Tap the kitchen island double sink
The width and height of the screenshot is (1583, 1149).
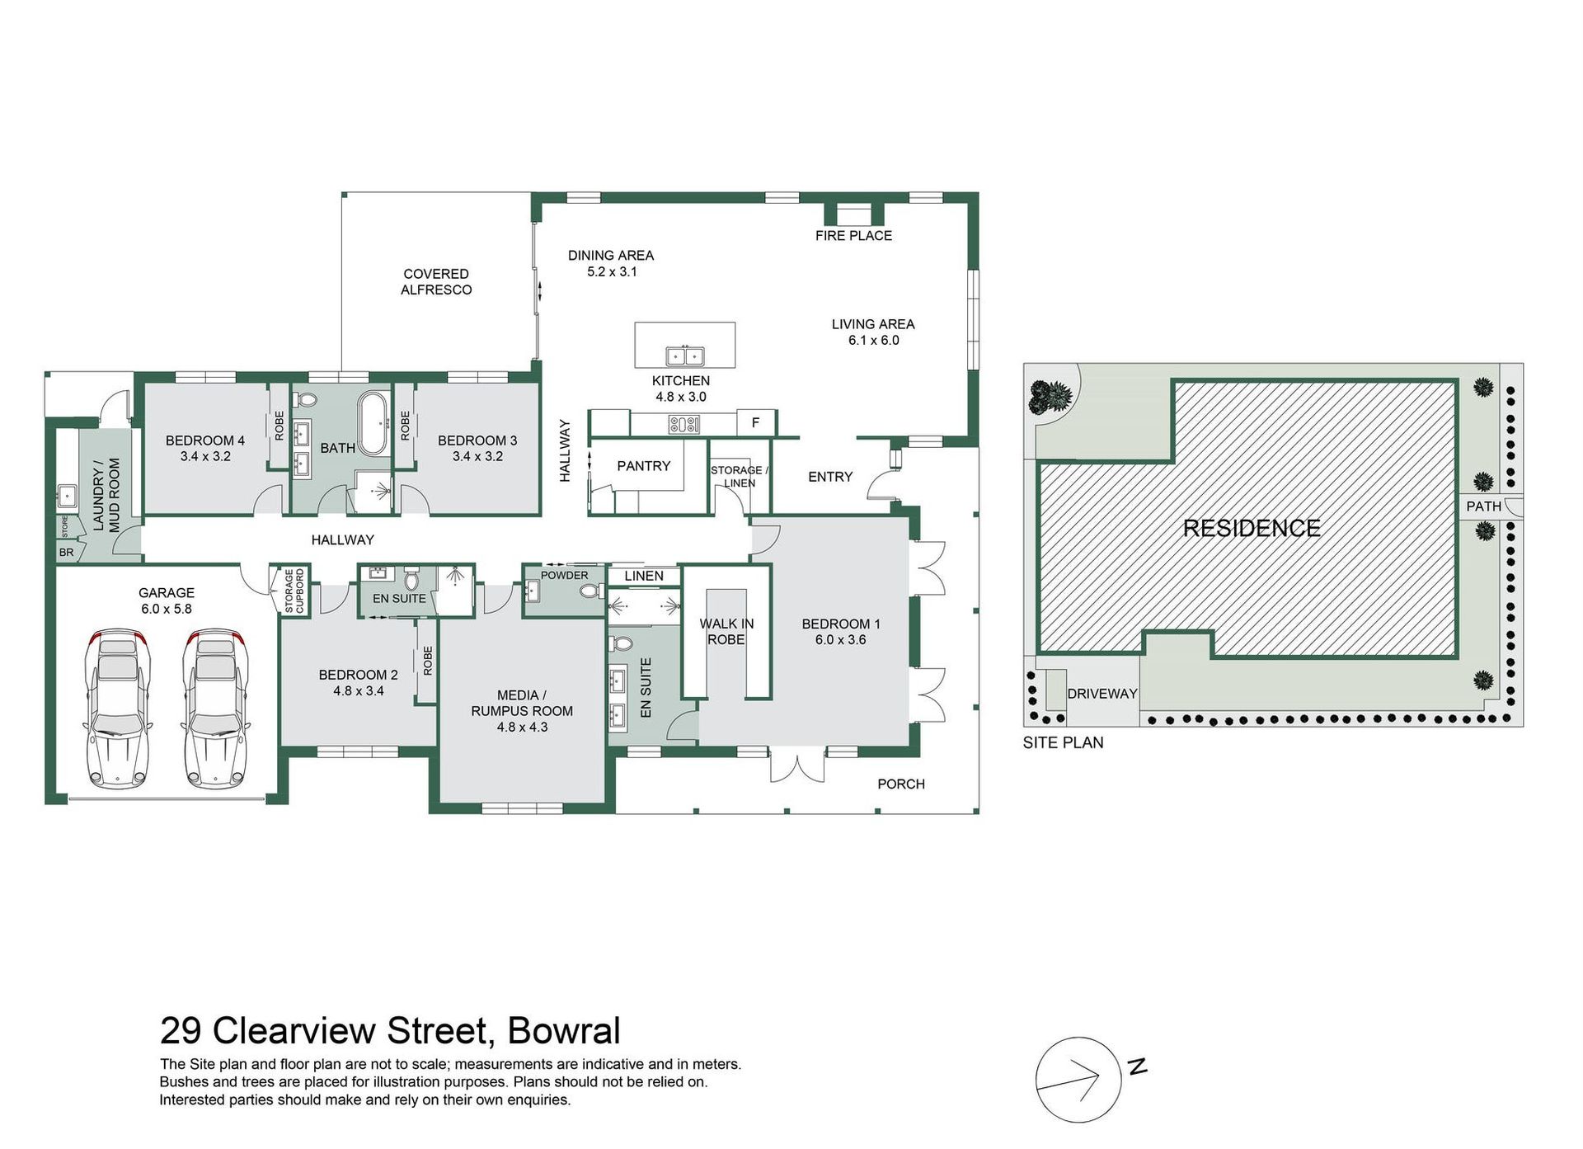(685, 356)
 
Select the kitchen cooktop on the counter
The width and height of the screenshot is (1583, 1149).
(684, 425)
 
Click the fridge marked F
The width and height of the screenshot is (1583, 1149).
(755, 422)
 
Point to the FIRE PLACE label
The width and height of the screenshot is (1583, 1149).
(853, 236)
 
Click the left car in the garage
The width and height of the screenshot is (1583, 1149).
(119, 709)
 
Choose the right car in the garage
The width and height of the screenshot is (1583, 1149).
(216, 709)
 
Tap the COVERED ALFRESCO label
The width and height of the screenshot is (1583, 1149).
(436, 282)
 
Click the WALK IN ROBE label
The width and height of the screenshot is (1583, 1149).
(726, 632)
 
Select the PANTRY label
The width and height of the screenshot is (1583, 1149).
(644, 466)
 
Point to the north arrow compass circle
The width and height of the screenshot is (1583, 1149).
(1078, 1079)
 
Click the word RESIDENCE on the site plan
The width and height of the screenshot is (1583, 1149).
(1252, 529)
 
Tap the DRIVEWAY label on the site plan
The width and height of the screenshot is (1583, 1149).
(1102, 694)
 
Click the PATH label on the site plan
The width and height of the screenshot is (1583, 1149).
(1484, 506)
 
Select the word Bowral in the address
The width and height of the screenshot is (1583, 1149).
(564, 1031)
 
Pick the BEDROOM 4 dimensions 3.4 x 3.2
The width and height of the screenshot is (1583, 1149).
(205, 456)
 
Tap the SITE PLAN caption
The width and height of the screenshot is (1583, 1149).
(1063, 742)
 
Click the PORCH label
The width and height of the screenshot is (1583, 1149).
(901, 784)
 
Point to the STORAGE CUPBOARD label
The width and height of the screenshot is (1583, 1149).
(294, 591)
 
